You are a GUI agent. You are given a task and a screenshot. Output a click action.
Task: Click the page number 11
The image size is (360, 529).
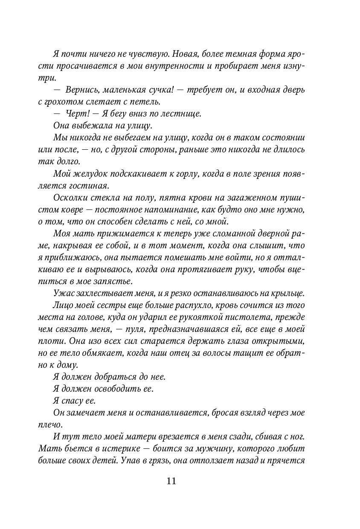[x=171, y=481]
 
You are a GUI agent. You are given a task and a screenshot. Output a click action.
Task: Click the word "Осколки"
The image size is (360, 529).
[x=69, y=198]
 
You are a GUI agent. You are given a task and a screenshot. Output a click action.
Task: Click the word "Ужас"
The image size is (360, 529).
[x=63, y=293]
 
